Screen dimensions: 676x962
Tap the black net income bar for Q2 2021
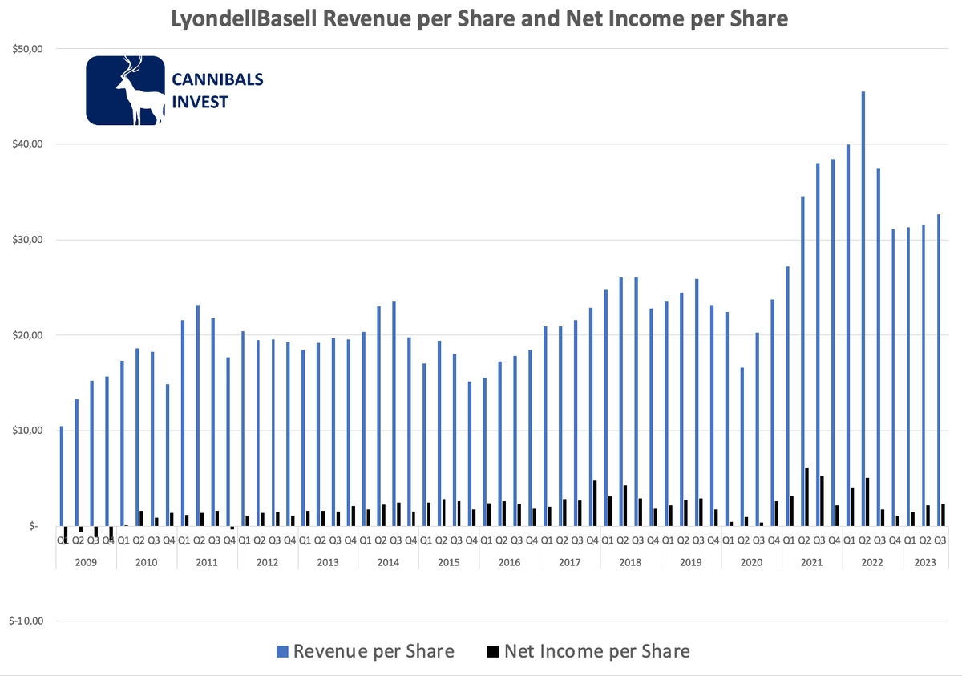point(806,496)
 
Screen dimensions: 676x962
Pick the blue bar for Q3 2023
point(939,370)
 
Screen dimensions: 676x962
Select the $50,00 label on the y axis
point(26,49)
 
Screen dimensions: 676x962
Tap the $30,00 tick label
point(26,240)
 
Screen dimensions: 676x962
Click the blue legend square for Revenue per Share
point(281,650)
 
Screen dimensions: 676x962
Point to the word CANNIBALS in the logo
point(217,79)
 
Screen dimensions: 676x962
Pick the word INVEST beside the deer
point(200,102)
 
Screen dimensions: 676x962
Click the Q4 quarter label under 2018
point(653,540)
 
